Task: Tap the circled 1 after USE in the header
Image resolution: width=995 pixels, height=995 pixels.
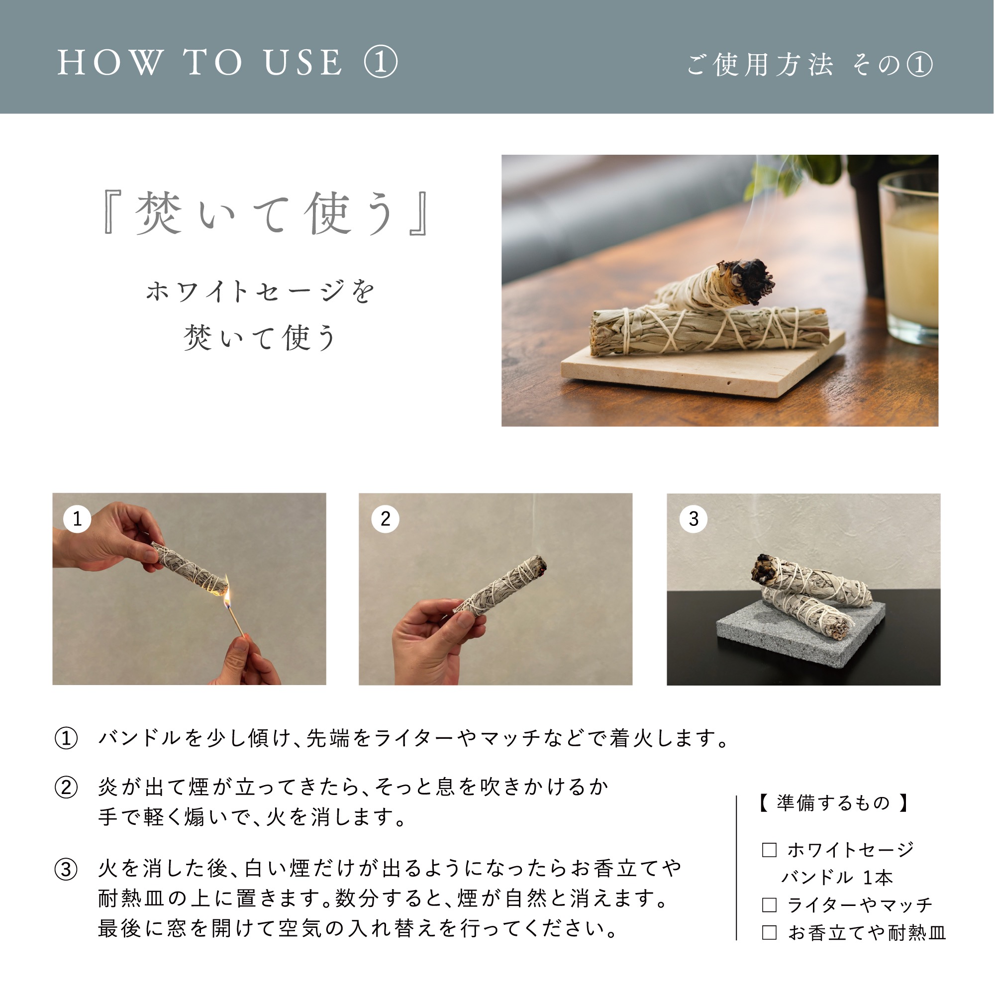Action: (x=381, y=63)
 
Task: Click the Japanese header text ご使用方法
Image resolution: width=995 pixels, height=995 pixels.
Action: (x=760, y=65)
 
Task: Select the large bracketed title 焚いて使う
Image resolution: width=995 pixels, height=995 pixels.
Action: (x=265, y=213)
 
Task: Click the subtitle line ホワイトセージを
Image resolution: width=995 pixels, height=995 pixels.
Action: (x=260, y=292)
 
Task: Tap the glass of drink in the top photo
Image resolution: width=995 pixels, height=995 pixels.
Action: (x=908, y=258)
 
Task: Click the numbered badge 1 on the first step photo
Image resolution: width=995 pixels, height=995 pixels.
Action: (x=77, y=518)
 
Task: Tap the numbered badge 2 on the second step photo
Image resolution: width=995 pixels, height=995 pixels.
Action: (x=385, y=518)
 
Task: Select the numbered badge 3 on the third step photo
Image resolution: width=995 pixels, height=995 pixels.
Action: (x=693, y=518)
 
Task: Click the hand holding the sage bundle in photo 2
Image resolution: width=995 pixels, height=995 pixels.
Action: (x=433, y=639)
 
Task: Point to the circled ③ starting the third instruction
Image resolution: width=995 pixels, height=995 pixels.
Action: (x=66, y=870)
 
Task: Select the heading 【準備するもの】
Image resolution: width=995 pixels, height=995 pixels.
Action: (x=833, y=803)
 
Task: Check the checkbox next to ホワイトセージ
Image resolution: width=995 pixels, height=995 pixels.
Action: (x=769, y=850)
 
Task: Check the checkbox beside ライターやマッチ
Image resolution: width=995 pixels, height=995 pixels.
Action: (x=769, y=905)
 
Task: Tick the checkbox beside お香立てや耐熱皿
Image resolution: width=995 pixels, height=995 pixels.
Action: (x=769, y=933)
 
